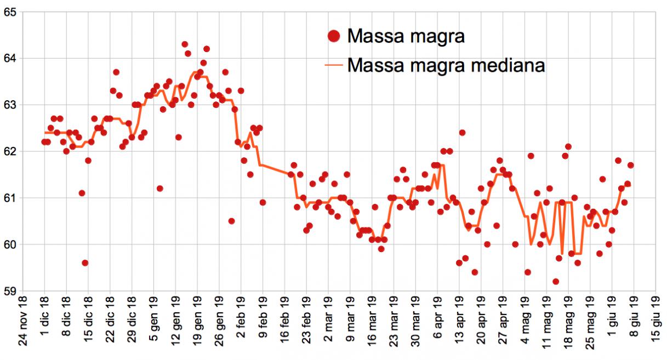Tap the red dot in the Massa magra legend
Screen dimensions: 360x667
[333, 36]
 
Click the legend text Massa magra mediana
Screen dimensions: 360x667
[446, 66]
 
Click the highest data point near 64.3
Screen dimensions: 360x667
[185, 44]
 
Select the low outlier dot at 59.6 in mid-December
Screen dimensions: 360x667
[85, 263]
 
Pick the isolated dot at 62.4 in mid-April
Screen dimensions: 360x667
[462, 133]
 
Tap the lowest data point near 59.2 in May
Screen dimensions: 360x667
[556, 282]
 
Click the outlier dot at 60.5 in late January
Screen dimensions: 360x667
[232, 221]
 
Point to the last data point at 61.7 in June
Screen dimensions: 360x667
[631, 165]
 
